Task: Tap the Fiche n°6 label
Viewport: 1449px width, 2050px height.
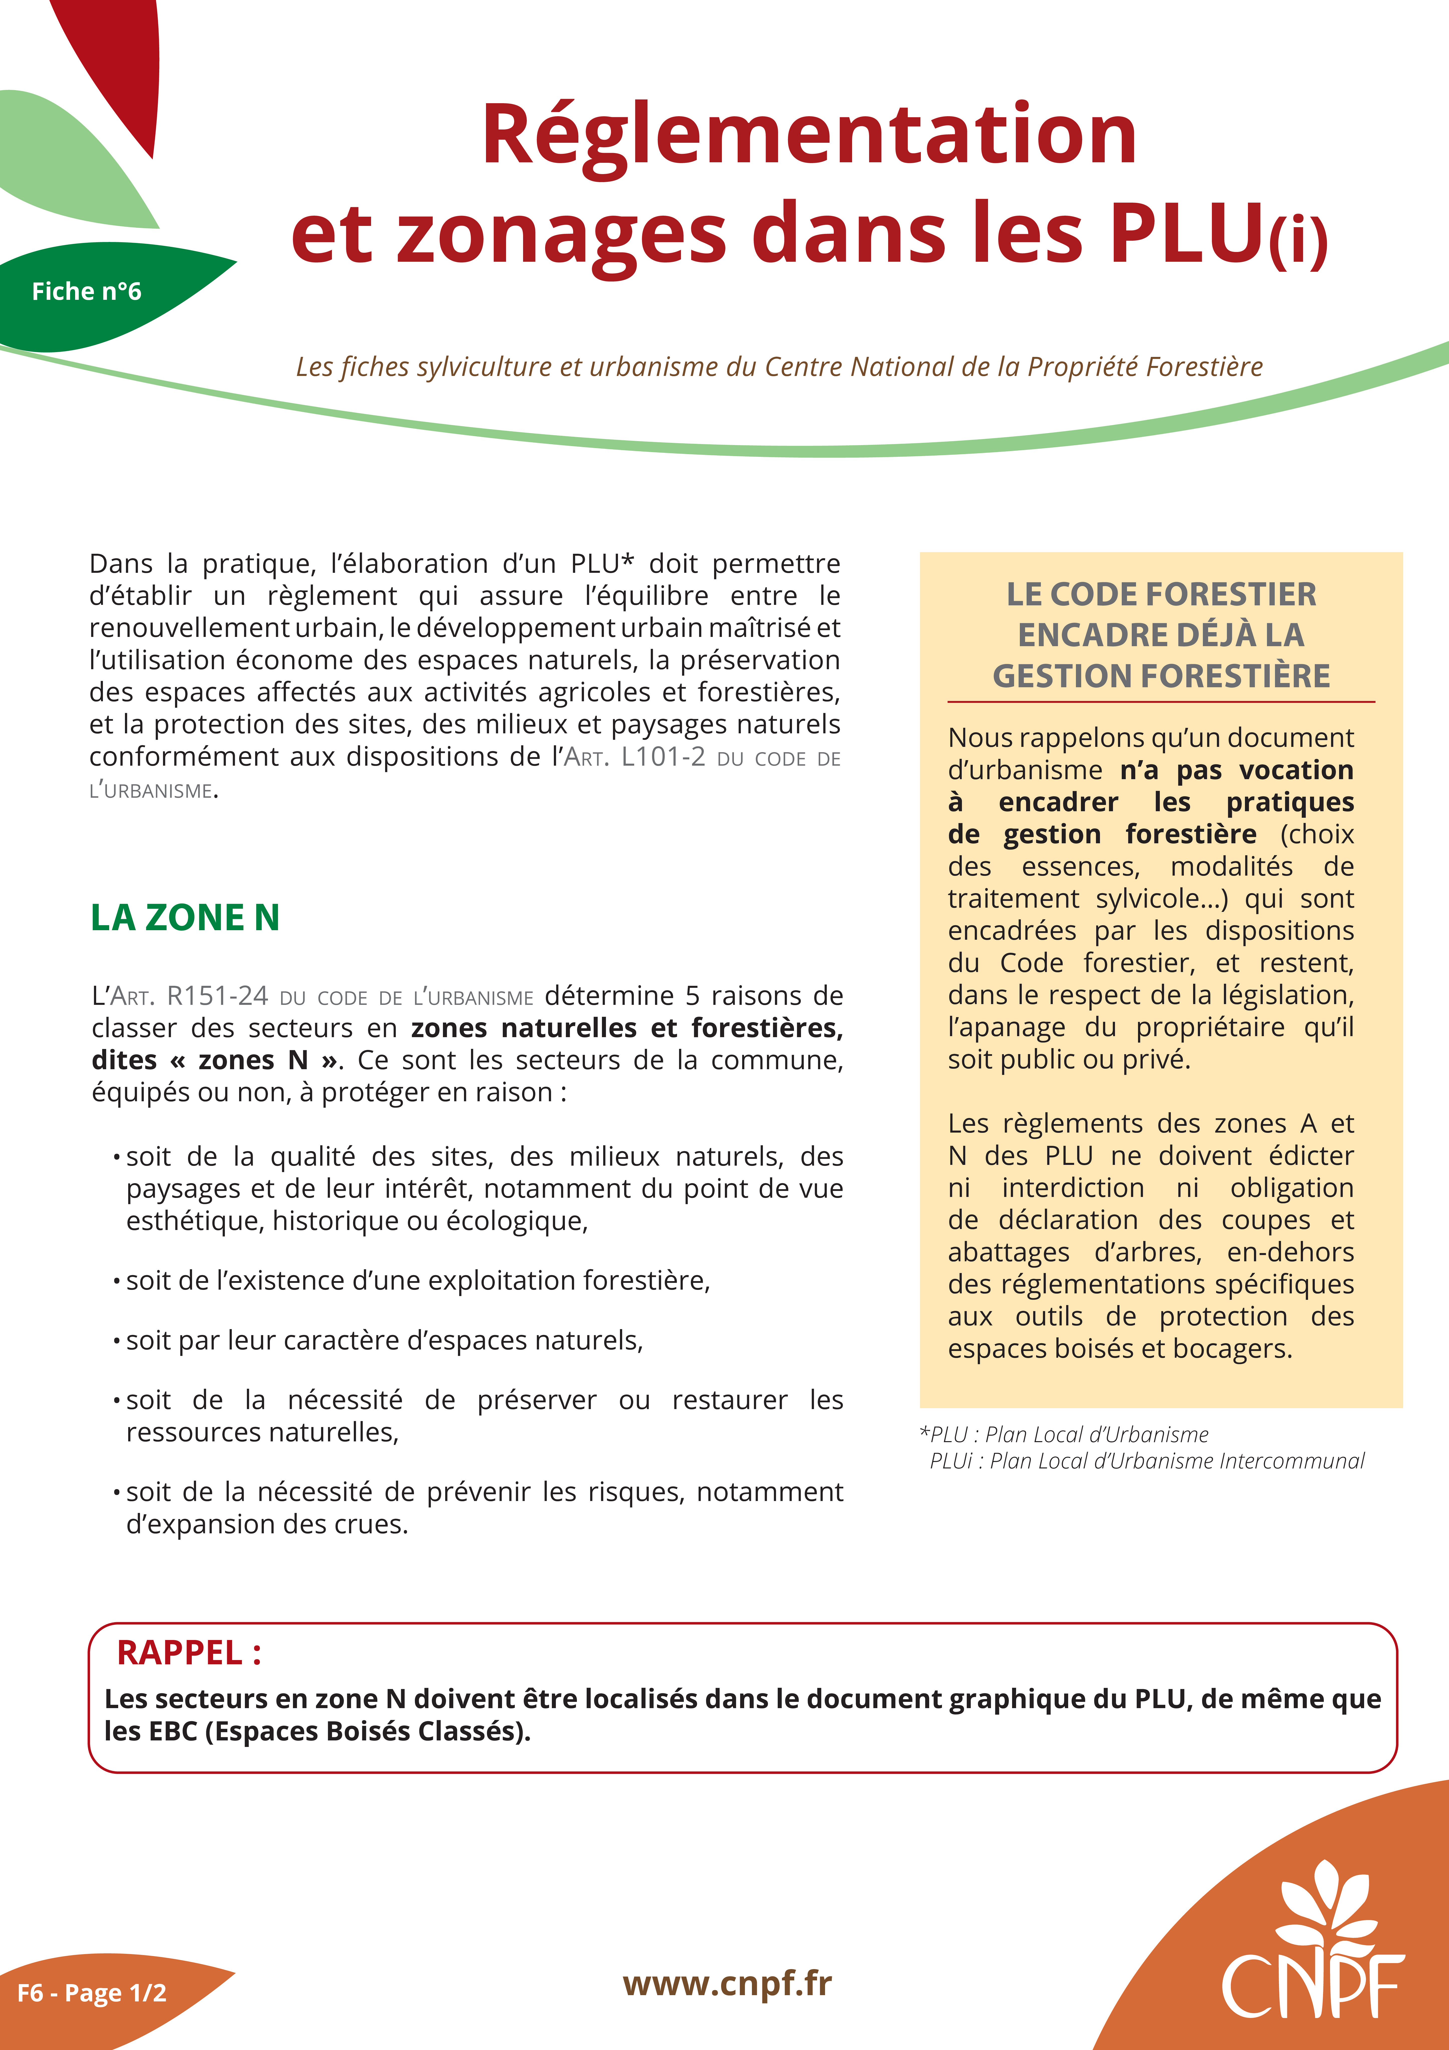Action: click(87, 291)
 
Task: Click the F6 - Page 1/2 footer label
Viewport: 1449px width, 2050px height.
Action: click(92, 1993)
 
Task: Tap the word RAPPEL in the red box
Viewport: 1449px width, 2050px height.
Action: click(180, 1653)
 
